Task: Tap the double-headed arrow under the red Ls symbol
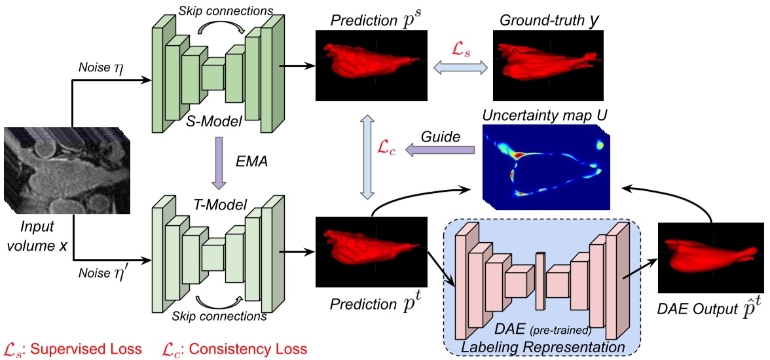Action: tap(458, 67)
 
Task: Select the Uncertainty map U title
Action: tap(545, 116)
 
